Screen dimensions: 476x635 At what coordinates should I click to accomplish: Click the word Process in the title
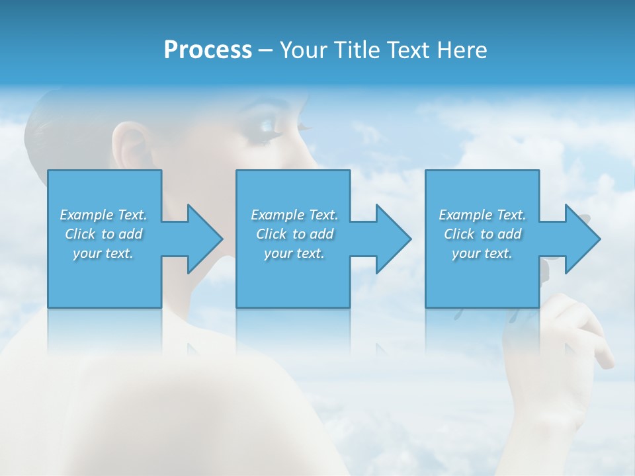point(208,50)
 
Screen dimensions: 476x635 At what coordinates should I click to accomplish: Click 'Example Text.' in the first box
point(103,215)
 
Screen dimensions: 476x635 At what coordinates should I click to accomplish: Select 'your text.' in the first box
point(103,253)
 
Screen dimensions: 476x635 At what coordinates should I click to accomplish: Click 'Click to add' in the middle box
point(294,234)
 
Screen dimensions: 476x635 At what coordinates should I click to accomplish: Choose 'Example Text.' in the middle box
point(294,215)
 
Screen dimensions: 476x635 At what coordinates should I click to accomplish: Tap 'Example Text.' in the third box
point(482,215)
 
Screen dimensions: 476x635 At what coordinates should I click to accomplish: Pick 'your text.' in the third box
point(482,253)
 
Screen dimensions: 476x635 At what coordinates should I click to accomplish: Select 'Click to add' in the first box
point(103,234)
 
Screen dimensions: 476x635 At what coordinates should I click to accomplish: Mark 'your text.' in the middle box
point(294,253)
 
